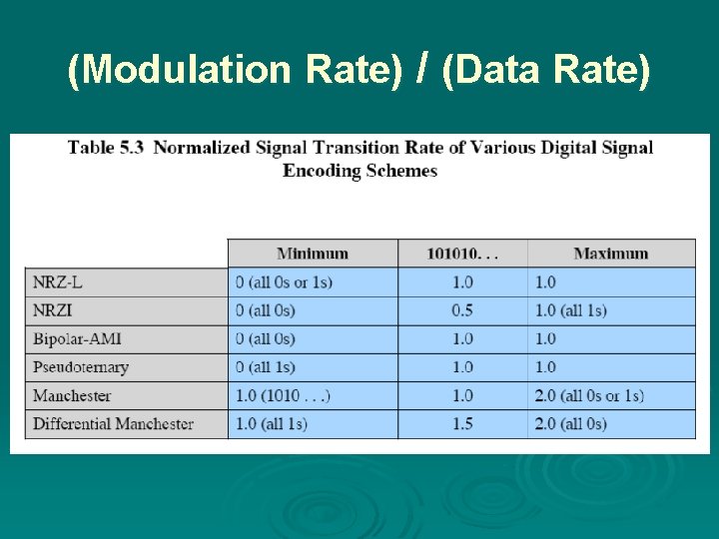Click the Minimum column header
[x=313, y=254]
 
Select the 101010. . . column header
[x=462, y=254]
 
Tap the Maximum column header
[x=610, y=254]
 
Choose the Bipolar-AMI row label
[x=77, y=339]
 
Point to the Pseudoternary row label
[x=81, y=367]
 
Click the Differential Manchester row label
[x=113, y=424]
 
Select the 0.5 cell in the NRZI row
[x=462, y=310]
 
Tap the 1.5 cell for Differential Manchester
[x=462, y=424]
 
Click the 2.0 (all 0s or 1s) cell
[x=589, y=396]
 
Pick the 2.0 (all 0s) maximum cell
[x=570, y=424]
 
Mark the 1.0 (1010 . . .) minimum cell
[x=283, y=396]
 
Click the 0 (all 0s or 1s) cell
[x=284, y=282]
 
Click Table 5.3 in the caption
[x=106, y=148]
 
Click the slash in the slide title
[x=423, y=67]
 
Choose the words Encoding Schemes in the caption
[x=359, y=171]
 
